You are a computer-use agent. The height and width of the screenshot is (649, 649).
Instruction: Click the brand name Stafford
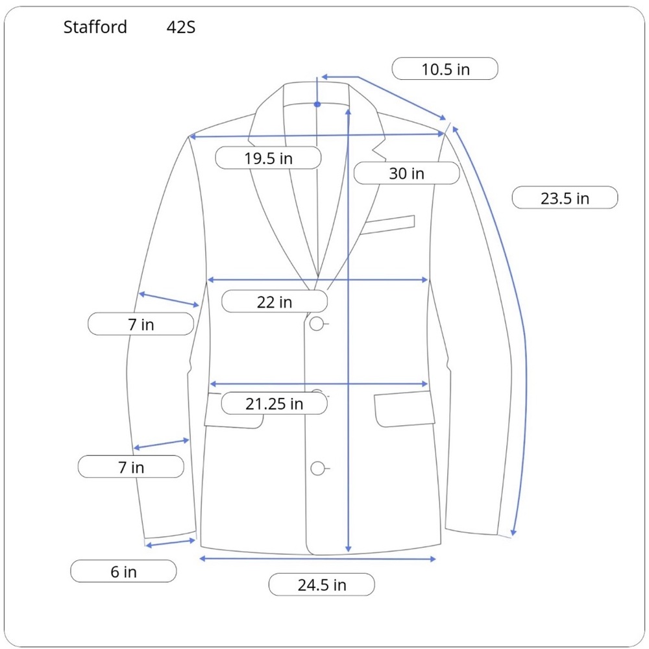95,27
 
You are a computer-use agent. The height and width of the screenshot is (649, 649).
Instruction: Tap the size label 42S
181,28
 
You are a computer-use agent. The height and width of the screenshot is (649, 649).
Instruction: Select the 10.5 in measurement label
445,69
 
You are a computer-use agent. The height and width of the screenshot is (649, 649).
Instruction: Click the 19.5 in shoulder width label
268,158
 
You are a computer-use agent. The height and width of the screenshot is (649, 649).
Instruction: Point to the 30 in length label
406,173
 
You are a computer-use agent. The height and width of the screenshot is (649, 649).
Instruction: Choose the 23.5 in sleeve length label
565,198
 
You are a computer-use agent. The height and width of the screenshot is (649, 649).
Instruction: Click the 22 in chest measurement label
275,302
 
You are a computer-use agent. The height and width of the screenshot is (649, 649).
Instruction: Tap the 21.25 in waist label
275,404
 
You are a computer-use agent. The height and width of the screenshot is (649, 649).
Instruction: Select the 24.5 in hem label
322,585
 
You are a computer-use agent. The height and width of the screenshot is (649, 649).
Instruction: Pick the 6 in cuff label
123,571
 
